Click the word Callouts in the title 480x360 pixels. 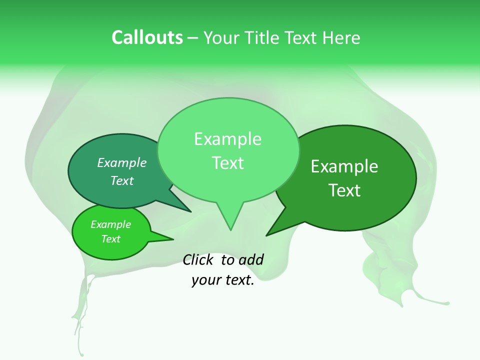coord(147,37)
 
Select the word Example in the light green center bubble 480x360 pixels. coord(227,139)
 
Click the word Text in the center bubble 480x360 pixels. coord(227,163)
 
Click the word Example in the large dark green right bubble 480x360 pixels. coord(344,167)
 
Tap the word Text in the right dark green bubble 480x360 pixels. coord(344,190)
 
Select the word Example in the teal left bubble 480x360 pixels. coord(122,163)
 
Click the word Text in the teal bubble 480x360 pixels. coord(122,180)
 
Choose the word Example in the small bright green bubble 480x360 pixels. coord(111,225)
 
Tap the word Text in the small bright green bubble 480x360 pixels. coord(111,239)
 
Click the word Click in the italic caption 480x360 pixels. coord(198,259)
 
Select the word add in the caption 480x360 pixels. coord(250,259)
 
